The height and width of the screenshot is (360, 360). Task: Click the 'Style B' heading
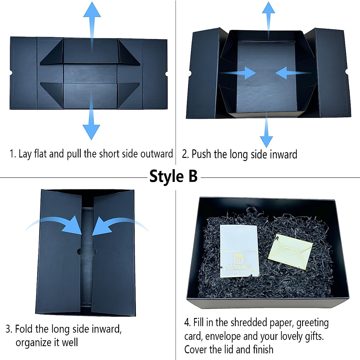tap(173, 176)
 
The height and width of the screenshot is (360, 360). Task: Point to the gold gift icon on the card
tap(239, 259)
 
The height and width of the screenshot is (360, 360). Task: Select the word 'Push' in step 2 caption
tap(201, 154)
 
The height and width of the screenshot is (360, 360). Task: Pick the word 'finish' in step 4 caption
tap(263, 349)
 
